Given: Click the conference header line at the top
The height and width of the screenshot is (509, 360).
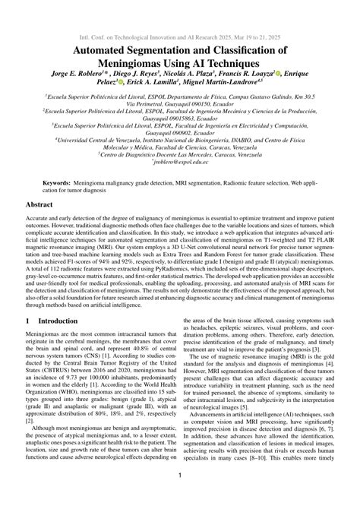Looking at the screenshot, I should (179, 36).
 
